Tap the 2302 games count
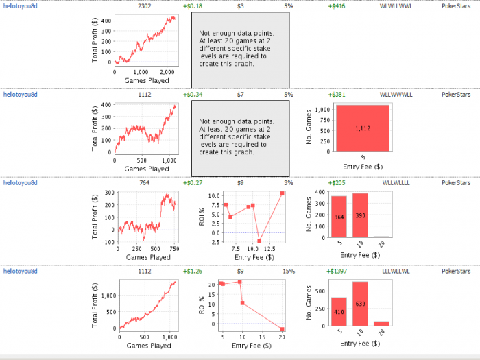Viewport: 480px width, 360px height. (145, 6)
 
